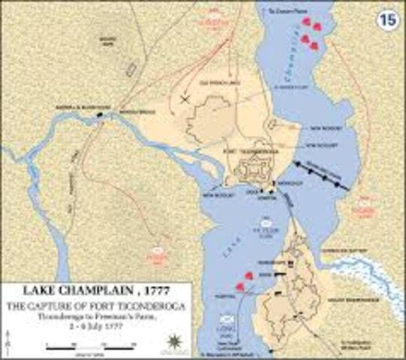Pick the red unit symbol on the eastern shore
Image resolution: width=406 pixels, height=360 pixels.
point(365,202)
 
